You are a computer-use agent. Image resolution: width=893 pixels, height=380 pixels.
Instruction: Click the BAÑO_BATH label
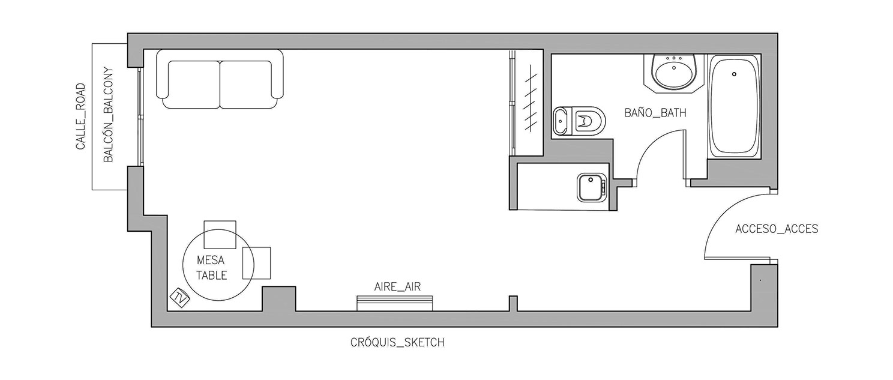655,113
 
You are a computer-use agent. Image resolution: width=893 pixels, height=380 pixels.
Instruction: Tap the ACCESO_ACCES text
777,229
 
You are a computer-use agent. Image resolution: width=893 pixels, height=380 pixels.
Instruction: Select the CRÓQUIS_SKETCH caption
397,342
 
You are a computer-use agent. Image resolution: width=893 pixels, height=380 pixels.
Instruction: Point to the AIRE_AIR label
397,286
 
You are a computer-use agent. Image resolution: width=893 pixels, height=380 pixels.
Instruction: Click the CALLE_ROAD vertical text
81,116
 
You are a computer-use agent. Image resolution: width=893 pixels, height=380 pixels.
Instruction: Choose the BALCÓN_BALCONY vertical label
109,115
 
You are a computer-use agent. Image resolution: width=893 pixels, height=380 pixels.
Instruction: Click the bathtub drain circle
734,74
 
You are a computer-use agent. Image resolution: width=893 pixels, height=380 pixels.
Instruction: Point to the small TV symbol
179,298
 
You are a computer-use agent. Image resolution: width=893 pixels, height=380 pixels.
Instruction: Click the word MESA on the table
211,261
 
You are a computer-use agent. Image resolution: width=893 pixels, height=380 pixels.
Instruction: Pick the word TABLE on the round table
211,275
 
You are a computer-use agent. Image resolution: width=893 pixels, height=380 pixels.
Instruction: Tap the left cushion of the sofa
194,84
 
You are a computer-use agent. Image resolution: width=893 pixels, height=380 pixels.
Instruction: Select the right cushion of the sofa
246,84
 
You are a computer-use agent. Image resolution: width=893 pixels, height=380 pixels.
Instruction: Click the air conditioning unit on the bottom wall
395,303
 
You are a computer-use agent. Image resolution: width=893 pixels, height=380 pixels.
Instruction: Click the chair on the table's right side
257,263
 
